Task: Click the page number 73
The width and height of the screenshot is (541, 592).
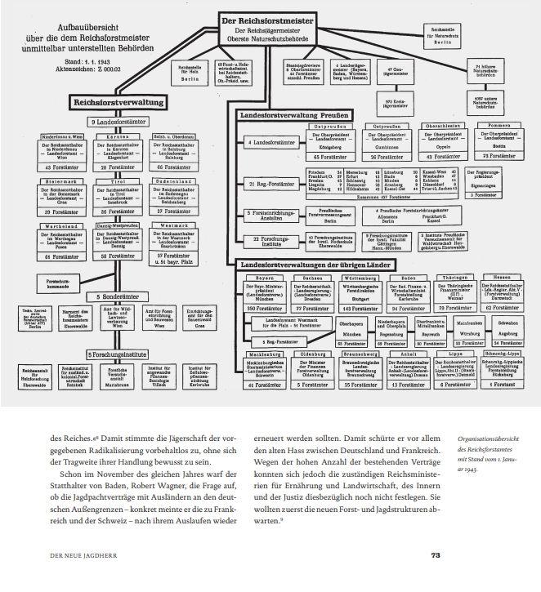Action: click(436, 556)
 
